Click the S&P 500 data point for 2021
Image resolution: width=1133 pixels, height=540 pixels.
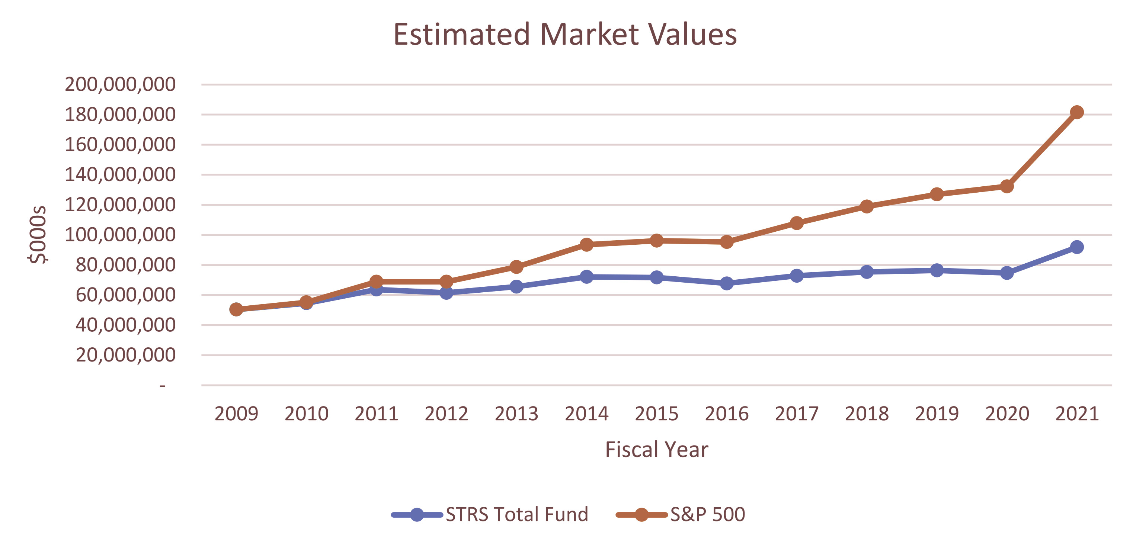coord(1076,112)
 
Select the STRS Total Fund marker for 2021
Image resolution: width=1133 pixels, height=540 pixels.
coord(1076,247)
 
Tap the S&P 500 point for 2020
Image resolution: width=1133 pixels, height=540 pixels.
coord(1007,186)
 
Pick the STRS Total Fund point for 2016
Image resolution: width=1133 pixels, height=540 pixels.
coord(727,283)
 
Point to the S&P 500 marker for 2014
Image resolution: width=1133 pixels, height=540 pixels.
coord(586,244)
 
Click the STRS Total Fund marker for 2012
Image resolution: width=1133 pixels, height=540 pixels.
coord(446,293)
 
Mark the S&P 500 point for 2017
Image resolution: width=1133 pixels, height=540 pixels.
coord(797,223)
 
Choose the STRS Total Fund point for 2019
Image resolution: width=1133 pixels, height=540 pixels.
coord(937,270)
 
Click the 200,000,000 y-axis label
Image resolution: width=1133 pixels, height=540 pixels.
coord(120,84)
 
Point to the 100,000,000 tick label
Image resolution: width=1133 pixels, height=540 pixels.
coord(120,235)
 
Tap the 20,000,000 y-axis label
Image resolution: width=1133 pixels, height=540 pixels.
coord(125,355)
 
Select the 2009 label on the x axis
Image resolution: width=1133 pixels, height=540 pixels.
coord(236,414)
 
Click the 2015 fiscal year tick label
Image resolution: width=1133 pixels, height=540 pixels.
coord(656,414)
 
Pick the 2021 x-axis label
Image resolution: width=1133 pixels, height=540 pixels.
coord(1077,414)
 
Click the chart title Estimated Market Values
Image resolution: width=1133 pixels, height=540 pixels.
coord(565,34)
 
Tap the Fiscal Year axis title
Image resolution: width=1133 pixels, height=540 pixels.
coord(656,449)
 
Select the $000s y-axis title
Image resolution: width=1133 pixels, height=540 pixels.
coord(37,234)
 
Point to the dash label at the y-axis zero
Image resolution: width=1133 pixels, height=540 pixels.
coord(163,386)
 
